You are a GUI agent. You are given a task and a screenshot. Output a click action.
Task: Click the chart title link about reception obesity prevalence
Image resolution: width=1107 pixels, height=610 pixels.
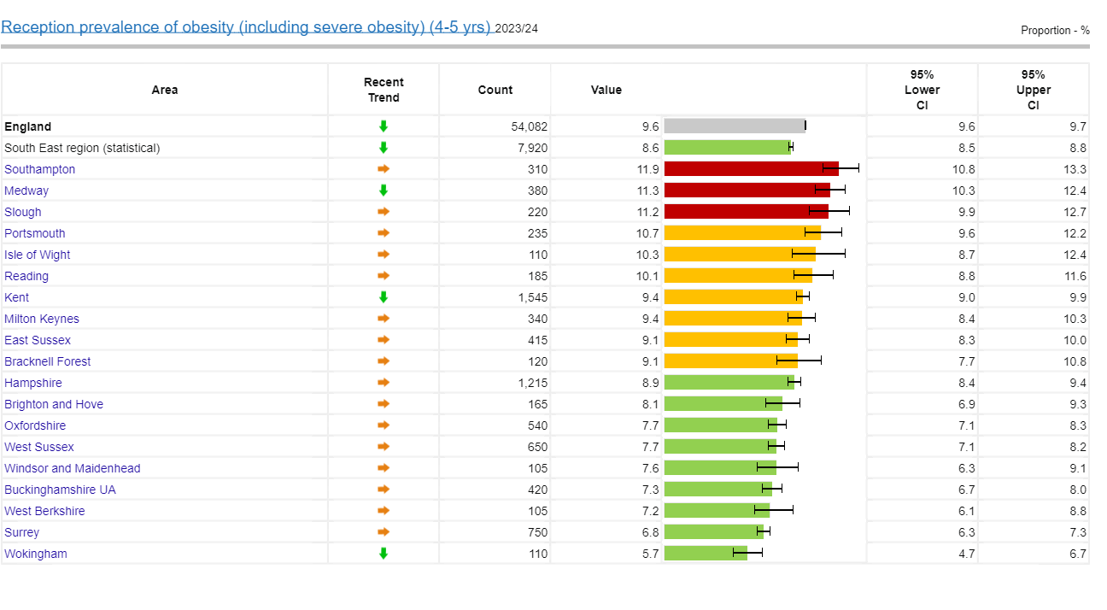point(246,27)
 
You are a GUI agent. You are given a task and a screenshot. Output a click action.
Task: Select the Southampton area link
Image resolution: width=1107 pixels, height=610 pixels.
point(39,169)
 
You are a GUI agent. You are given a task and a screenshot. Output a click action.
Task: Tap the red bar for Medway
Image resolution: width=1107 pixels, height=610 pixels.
point(747,191)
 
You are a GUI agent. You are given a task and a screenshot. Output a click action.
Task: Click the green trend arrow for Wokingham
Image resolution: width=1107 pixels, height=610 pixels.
point(383,554)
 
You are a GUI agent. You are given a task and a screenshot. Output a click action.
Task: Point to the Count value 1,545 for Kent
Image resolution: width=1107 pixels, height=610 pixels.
point(533,297)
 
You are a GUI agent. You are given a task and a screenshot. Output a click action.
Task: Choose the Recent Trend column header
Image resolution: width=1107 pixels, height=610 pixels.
point(384,90)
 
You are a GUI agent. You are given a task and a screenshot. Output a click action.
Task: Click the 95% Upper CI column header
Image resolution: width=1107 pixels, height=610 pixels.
point(1034,90)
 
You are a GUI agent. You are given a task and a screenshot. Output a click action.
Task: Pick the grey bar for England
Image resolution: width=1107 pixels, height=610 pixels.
point(735,126)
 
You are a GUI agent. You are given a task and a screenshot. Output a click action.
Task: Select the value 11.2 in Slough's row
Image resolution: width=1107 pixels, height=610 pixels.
point(647,212)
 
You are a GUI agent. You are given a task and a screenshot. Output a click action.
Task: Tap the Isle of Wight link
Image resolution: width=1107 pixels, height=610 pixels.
point(37,255)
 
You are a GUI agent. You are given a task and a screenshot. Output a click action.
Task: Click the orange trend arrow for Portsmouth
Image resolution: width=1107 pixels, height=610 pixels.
point(383,233)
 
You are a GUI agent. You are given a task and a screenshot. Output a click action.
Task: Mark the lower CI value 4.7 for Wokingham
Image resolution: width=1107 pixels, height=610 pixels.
point(967,554)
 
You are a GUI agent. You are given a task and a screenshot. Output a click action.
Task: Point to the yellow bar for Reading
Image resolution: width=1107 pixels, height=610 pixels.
point(738,275)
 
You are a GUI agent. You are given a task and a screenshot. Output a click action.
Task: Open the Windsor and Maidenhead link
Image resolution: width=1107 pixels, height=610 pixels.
point(72,468)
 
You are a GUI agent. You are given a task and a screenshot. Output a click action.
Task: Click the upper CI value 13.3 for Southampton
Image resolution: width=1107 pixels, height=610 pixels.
point(1075,169)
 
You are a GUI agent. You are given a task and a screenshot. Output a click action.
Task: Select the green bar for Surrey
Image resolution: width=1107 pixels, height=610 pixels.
point(713,532)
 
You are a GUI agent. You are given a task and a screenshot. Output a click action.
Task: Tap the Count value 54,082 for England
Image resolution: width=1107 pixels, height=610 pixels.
point(530,126)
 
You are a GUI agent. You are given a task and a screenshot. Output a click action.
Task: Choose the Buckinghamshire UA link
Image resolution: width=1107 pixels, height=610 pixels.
point(60,490)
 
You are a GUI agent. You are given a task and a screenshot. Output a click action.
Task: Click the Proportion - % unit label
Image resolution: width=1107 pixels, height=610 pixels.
point(1055,30)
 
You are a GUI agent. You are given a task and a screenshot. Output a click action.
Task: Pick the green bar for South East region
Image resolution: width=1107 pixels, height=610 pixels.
point(727,147)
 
